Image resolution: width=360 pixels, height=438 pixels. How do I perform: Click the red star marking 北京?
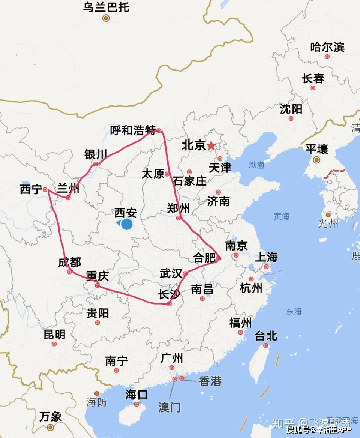211,145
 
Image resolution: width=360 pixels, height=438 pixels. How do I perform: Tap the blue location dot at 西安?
127,224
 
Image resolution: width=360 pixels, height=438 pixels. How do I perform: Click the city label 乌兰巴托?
106,7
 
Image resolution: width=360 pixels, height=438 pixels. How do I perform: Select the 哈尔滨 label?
327,47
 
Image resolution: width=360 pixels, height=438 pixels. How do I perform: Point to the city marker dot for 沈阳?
291,118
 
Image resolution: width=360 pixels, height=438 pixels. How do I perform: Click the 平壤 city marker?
317,160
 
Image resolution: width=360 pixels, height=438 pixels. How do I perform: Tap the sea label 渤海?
257,165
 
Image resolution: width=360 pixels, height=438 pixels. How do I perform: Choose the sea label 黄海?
282,216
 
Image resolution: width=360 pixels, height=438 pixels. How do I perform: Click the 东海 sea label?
294,311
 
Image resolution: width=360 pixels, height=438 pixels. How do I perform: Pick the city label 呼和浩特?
133,130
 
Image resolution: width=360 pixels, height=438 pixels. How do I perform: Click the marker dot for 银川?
96,164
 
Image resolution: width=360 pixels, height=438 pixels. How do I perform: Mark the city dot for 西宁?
45,189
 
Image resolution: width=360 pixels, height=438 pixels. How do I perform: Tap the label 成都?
69,262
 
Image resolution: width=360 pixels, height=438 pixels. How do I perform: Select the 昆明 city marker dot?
54,344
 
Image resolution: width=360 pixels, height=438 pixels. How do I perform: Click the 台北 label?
266,336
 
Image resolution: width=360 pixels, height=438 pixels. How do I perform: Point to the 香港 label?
210,381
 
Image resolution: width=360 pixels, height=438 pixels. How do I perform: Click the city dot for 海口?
136,404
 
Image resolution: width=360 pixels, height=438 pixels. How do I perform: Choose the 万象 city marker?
50,427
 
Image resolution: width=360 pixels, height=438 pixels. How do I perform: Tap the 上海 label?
266,257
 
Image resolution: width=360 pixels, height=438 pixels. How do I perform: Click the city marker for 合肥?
219,258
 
